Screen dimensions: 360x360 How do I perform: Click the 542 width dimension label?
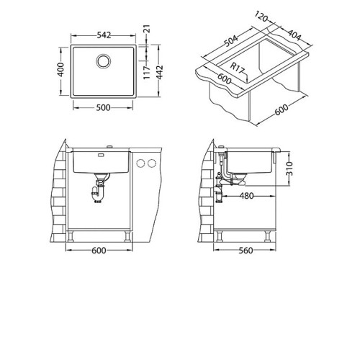click(x=104, y=35)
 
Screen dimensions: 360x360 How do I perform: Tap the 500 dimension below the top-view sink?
click(x=103, y=108)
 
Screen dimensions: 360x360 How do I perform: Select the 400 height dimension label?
click(x=61, y=70)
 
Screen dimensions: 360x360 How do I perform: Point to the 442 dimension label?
click(x=159, y=72)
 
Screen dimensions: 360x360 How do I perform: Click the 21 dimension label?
click(x=147, y=29)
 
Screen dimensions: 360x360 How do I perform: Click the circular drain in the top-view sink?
click(x=104, y=61)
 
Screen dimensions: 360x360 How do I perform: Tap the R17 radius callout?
click(x=237, y=68)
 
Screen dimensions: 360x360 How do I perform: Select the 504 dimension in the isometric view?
click(x=231, y=41)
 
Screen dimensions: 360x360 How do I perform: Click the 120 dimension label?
click(x=261, y=17)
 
